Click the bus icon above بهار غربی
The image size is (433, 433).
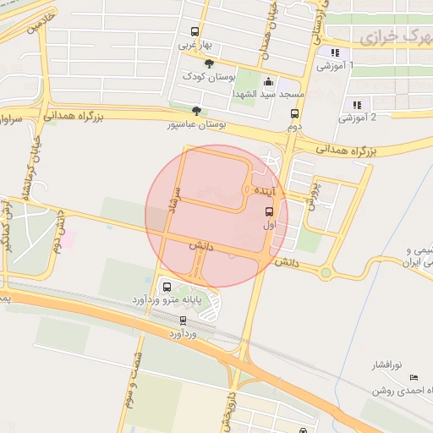pos(196,31)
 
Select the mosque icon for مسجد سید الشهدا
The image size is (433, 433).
pos(269,82)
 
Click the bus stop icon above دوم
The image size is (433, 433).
pos(294,114)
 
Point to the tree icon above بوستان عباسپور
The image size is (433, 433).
pos(197,110)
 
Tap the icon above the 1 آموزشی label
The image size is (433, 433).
pos(335,53)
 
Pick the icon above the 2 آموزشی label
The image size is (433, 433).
pos(357,105)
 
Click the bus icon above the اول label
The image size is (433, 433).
pos(269,211)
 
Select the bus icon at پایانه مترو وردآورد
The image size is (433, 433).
pos(166,286)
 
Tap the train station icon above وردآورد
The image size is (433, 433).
pos(183,321)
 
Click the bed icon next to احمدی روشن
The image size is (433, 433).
pos(413,377)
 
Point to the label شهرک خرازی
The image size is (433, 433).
pos(395,38)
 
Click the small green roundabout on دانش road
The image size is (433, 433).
pos(326,272)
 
